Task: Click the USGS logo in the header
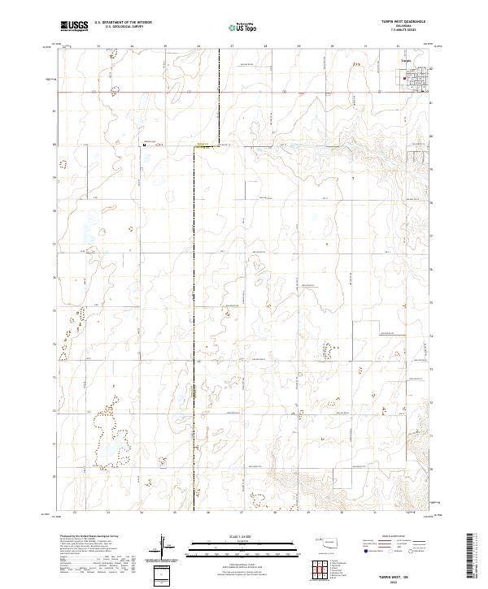coord(74,27)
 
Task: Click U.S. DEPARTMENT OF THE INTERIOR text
coord(123,23)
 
